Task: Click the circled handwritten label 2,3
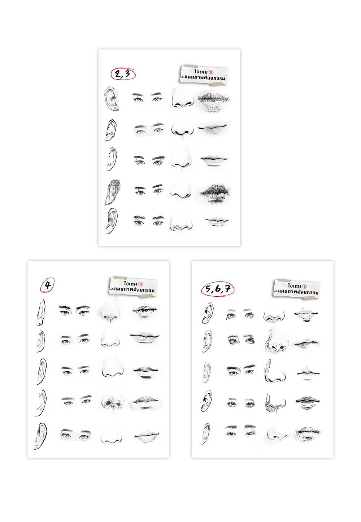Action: pos(123,74)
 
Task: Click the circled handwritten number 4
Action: pos(47,285)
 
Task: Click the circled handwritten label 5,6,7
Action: pos(217,289)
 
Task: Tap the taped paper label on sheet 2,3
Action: pos(204,75)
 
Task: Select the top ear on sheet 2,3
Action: pos(112,98)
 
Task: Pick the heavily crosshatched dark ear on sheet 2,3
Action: pos(113,192)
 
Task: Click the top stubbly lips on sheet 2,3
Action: pos(214,100)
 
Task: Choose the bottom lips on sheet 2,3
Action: pos(217,221)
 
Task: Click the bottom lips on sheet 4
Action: pos(147,435)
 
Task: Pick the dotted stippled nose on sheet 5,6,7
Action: pos(275,341)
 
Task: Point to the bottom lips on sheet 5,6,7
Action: pos(307,434)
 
